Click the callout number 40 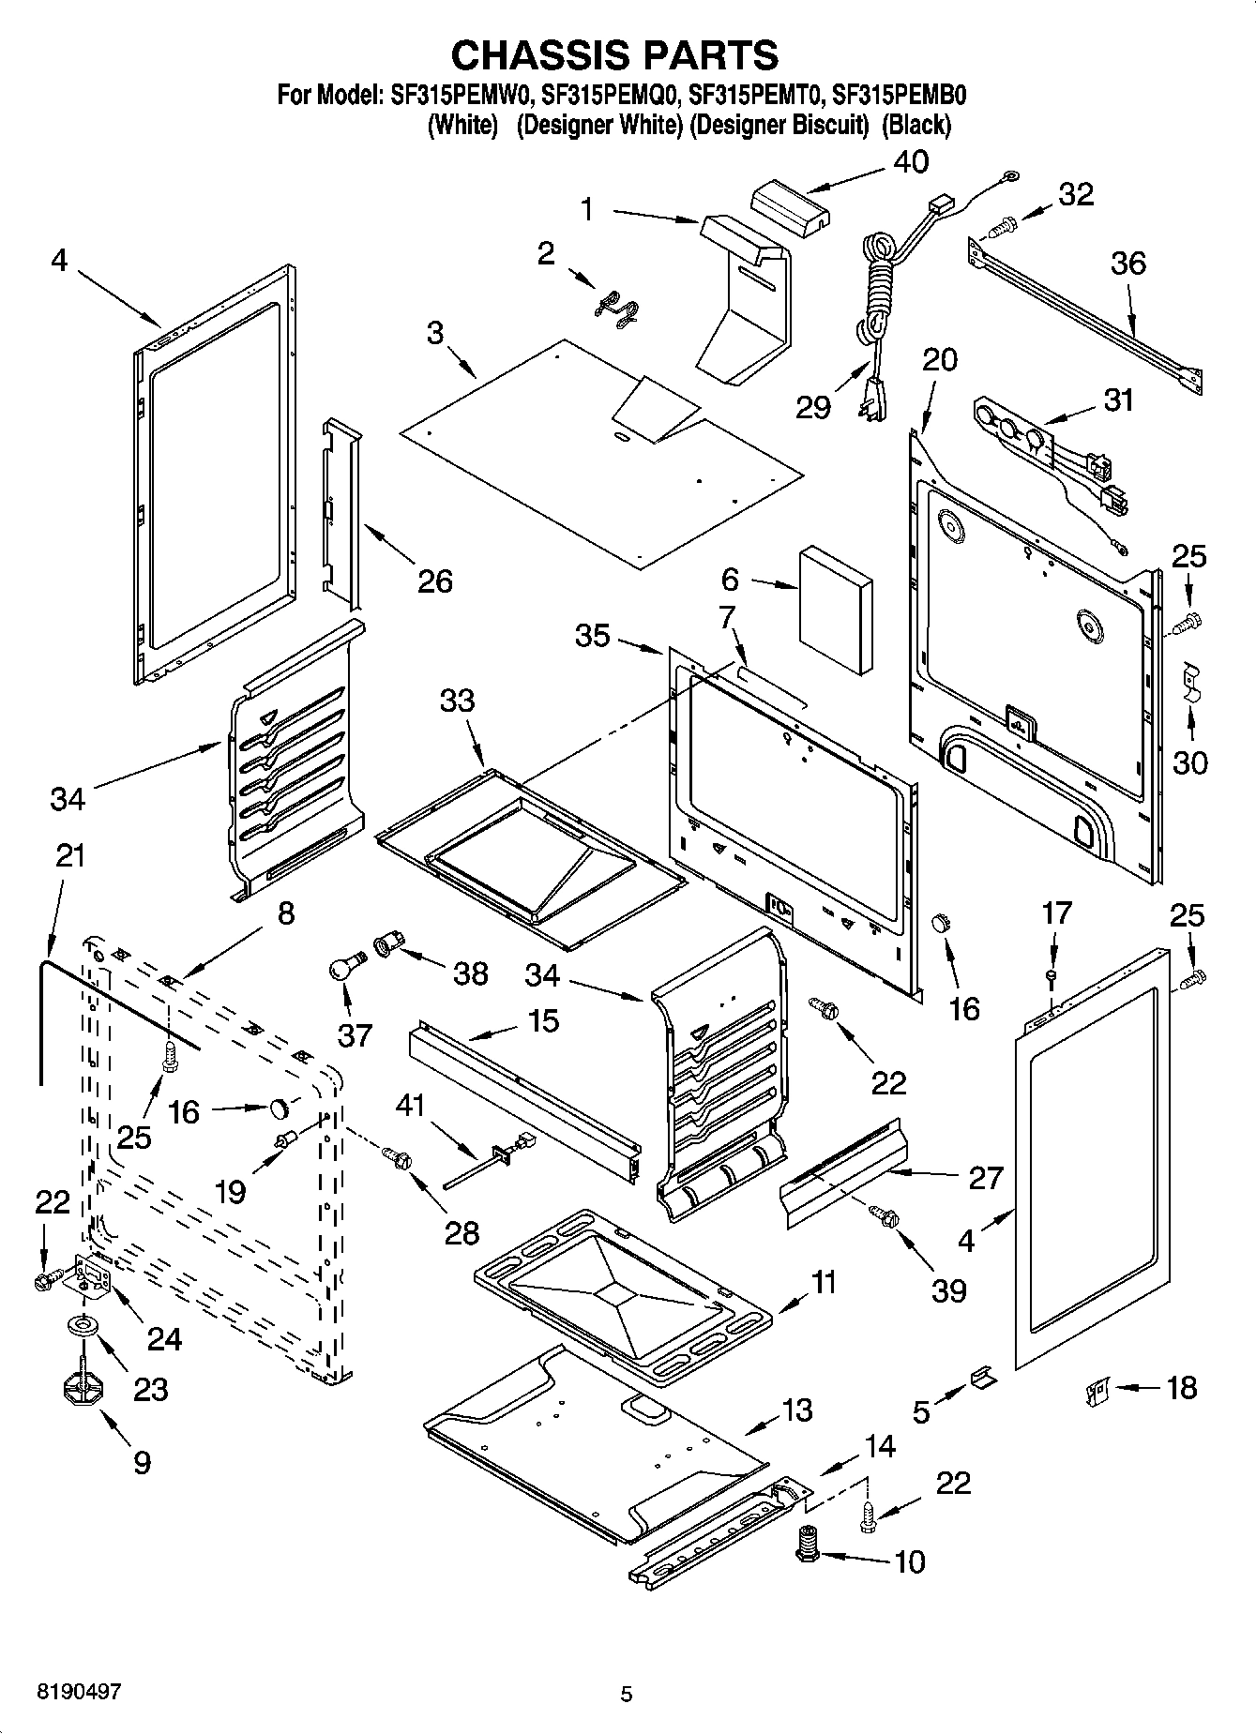910,161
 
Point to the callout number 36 1127,264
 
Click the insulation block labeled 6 835,611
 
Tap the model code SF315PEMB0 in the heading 900,95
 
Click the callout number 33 458,701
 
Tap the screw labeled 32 1004,224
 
